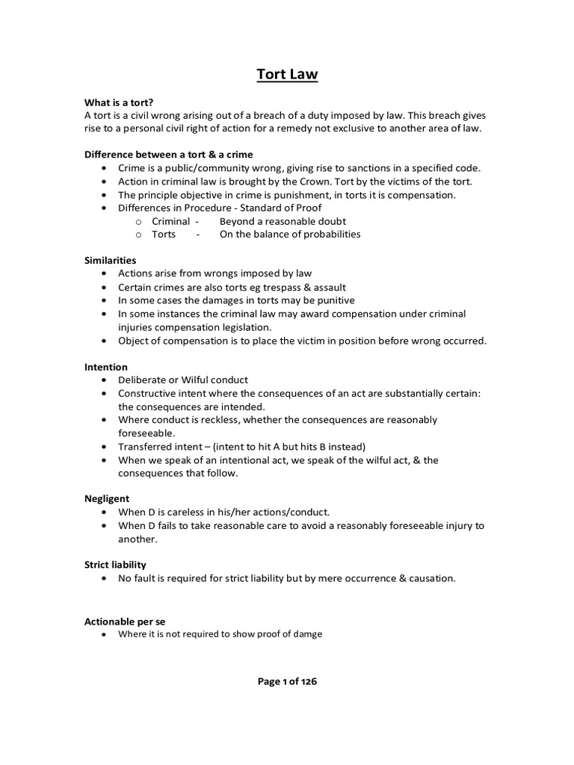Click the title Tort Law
click(287, 74)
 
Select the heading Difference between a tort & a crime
click(168, 154)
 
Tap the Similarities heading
click(110, 260)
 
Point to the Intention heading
click(105, 367)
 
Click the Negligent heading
click(107, 498)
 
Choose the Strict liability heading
click(114, 565)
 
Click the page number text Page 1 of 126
click(287, 681)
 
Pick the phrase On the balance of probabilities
click(290, 235)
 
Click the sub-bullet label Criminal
click(170, 221)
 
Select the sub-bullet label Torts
click(164, 235)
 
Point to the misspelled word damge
click(306, 634)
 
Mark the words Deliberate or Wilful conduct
click(183, 380)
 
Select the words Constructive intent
click(158, 394)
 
